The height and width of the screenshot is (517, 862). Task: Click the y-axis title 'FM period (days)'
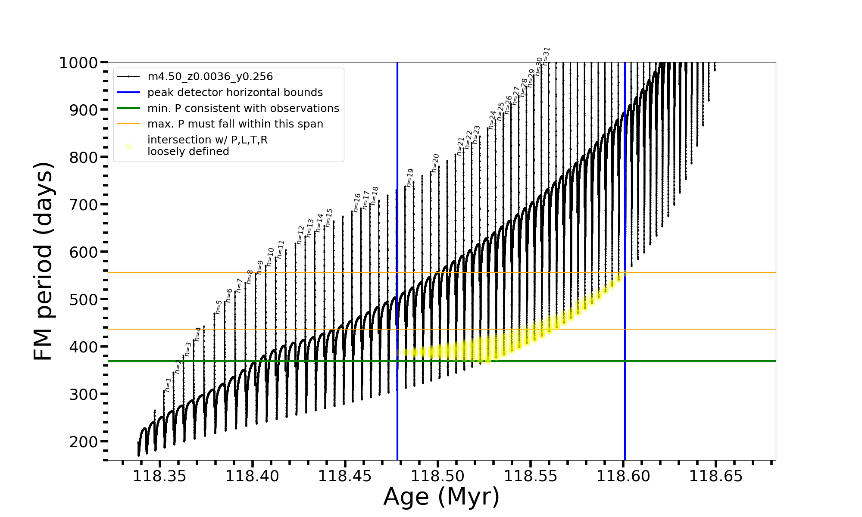click(43, 261)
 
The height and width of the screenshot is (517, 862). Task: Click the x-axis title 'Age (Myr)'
click(441, 496)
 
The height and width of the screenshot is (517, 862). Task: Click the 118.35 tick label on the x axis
click(159, 476)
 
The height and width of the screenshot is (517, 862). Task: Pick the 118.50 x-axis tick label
click(438, 476)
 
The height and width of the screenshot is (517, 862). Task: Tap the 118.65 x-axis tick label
click(716, 476)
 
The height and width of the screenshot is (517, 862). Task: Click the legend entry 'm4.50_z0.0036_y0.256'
click(210, 77)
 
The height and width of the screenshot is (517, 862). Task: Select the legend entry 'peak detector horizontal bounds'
click(235, 93)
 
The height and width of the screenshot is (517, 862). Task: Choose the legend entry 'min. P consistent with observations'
click(243, 108)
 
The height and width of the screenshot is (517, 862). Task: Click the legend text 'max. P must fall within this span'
click(235, 124)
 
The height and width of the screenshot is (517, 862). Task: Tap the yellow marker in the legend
click(128, 146)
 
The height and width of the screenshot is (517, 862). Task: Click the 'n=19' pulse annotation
click(410, 178)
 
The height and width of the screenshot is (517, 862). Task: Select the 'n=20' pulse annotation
click(435, 163)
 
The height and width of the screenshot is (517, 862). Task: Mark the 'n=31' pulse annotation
click(547, 56)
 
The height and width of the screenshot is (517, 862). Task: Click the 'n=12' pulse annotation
click(300, 235)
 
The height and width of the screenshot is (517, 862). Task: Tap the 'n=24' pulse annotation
click(492, 120)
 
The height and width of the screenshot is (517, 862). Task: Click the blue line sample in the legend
click(128, 93)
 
